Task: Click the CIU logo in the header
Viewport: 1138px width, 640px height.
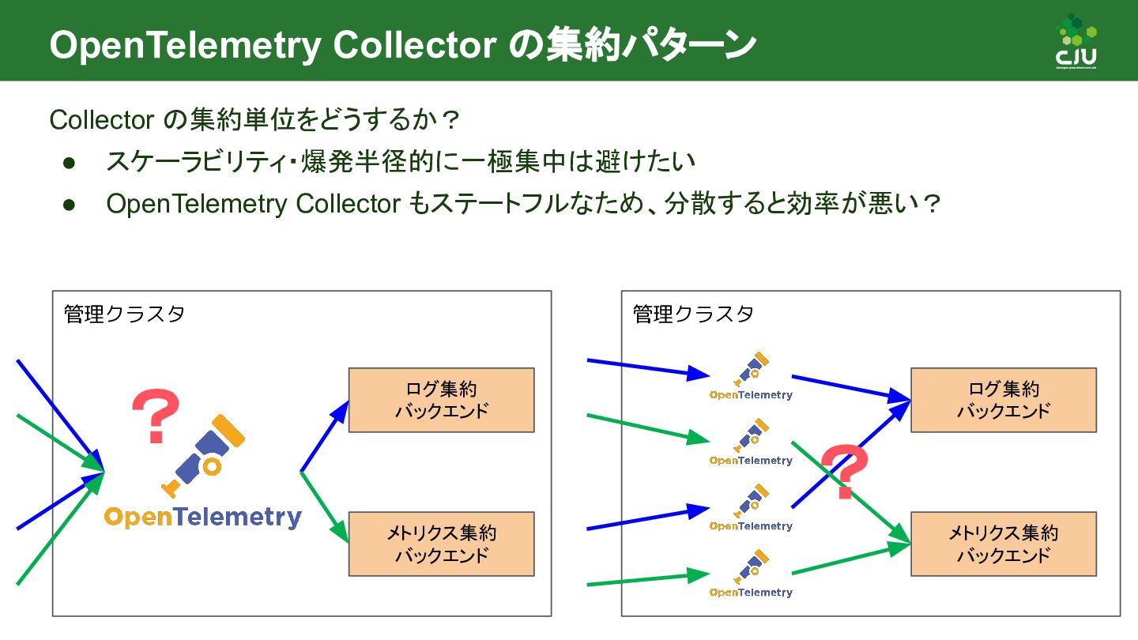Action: pos(1076,43)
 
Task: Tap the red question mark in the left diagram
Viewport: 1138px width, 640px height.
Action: pos(156,415)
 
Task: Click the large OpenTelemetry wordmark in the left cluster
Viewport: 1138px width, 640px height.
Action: pos(203,518)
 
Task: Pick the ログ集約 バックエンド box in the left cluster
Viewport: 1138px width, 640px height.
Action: pos(441,400)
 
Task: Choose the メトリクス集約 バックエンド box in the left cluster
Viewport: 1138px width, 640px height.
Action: pos(441,544)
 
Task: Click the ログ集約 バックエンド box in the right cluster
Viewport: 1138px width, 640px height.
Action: pos(1003,400)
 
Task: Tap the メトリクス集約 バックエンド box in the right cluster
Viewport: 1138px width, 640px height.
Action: pos(1003,544)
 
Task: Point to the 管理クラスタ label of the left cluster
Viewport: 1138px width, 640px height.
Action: pos(124,314)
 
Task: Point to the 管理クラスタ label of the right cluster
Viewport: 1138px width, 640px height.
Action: pos(693,314)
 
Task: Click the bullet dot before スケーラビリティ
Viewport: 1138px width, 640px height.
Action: pos(69,163)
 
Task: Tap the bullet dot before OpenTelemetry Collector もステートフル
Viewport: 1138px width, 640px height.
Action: pos(69,205)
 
